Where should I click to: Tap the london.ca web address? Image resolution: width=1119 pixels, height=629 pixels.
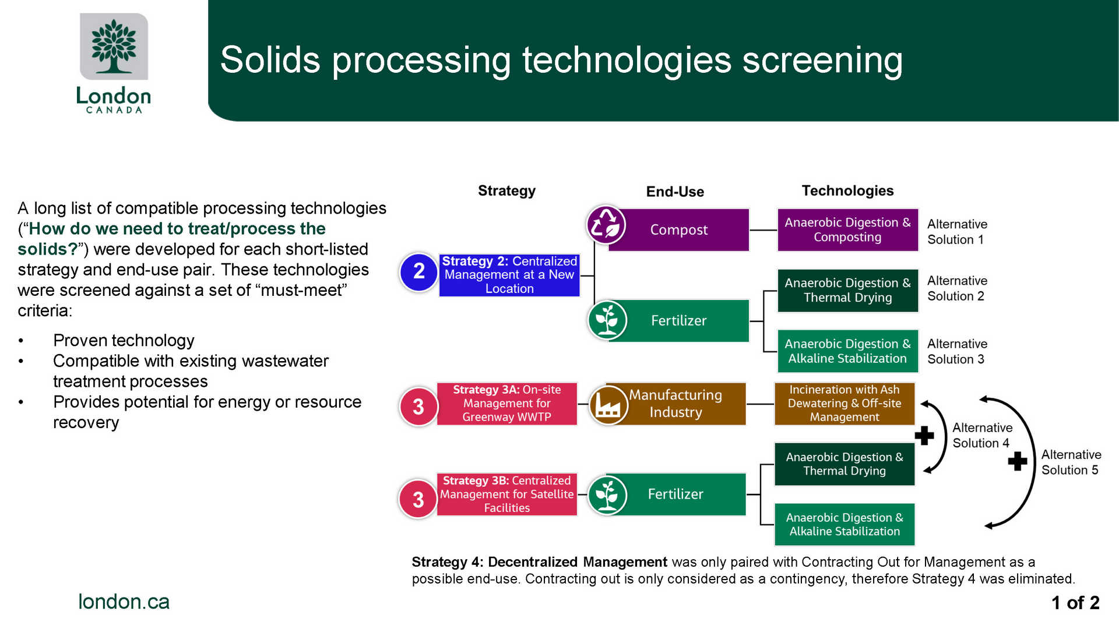pyautogui.click(x=124, y=602)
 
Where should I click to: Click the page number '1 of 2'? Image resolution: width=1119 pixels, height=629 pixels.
pyautogui.click(x=1075, y=603)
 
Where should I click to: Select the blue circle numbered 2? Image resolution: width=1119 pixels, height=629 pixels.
pyautogui.click(x=418, y=272)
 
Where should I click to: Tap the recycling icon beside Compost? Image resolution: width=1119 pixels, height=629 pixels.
pyautogui.click(x=606, y=225)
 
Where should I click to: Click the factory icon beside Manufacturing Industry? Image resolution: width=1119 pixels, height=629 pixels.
pyautogui.click(x=607, y=405)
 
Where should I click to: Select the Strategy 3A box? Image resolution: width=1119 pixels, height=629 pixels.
pyautogui.click(x=506, y=404)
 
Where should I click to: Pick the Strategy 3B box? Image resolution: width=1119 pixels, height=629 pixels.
pyautogui.click(x=506, y=494)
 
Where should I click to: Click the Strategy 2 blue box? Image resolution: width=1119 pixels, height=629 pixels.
pyautogui.click(x=509, y=275)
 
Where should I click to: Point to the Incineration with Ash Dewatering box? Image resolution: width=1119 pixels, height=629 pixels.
pyautogui.click(x=844, y=404)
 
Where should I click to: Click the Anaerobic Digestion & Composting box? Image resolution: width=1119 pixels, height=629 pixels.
pyautogui.click(x=847, y=230)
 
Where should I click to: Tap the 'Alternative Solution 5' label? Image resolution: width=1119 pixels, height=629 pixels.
pyautogui.click(x=1071, y=462)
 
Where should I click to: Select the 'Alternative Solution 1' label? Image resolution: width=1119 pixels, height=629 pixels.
pyautogui.click(x=956, y=232)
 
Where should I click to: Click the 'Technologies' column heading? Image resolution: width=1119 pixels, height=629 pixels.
pyautogui.click(x=847, y=190)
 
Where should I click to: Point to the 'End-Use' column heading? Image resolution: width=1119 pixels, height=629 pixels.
pyautogui.click(x=675, y=192)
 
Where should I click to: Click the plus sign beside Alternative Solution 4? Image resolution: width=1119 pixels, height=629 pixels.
pyautogui.click(x=924, y=436)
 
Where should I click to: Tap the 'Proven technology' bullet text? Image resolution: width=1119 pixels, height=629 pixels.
pyautogui.click(x=124, y=340)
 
